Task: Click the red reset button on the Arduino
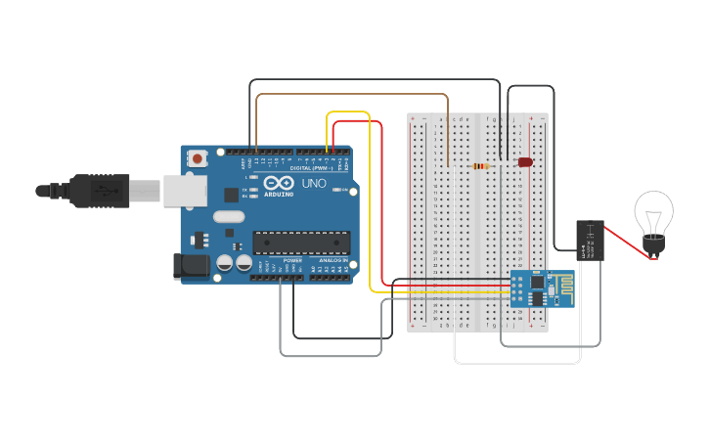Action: (198, 157)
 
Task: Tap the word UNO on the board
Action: (314, 183)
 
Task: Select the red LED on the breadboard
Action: (525, 161)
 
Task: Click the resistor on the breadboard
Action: (480, 166)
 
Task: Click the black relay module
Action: (590, 241)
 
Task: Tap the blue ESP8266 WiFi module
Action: (541, 288)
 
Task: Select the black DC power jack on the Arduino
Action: (193, 265)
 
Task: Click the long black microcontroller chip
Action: (301, 243)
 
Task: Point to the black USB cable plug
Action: (98, 190)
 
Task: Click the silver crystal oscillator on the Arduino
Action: (228, 217)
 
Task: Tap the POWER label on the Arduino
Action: (292, 261)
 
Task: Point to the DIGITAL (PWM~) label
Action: (308, 167)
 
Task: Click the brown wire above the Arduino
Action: (352, 95)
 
